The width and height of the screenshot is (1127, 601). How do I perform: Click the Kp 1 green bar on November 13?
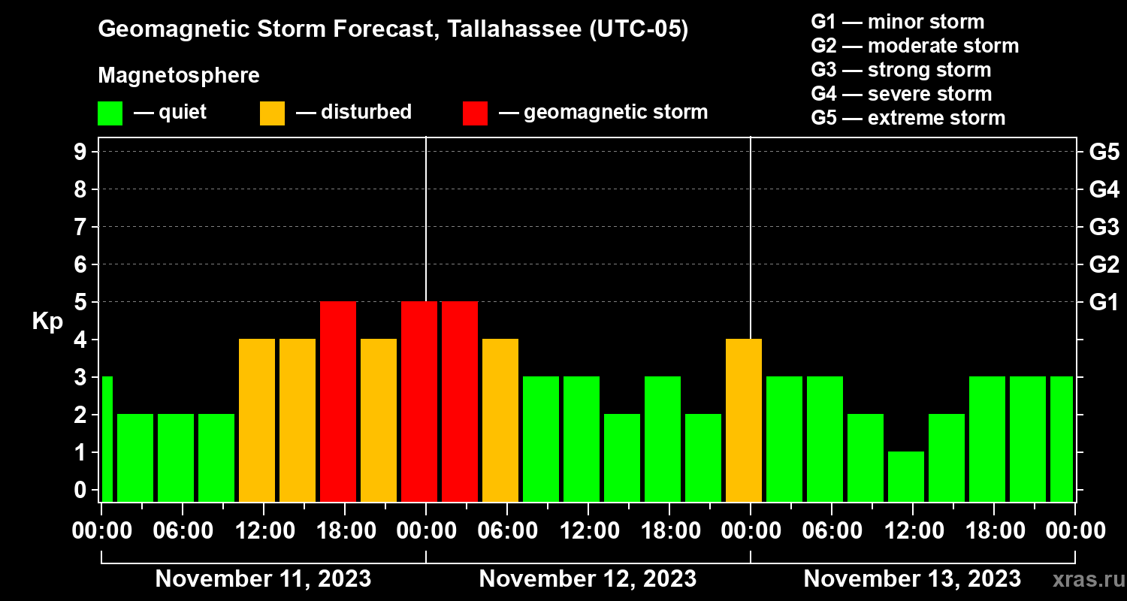(905, 476)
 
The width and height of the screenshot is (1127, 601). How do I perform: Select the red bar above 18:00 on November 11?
(338, 401)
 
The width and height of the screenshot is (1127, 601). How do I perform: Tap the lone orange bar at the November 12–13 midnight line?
(744, 420)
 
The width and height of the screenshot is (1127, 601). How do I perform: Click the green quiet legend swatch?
(110, 113)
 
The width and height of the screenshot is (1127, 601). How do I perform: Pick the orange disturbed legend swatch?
(272, 113)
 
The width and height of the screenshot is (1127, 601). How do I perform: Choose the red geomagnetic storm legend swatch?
(475, 113)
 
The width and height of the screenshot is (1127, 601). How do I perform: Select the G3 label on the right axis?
(1104, 227)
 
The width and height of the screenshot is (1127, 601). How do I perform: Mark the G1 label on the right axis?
(1104, 302)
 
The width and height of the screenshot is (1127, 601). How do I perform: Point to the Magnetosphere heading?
(179, 76)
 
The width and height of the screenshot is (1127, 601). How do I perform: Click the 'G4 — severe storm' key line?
(901, 94)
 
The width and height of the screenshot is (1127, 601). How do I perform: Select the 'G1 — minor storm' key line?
(897, 22)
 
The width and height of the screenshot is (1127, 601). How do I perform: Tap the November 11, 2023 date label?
(263, 578)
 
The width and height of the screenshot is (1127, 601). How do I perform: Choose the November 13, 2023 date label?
(912, 578)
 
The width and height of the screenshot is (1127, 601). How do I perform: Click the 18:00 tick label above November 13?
(994, 531)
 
